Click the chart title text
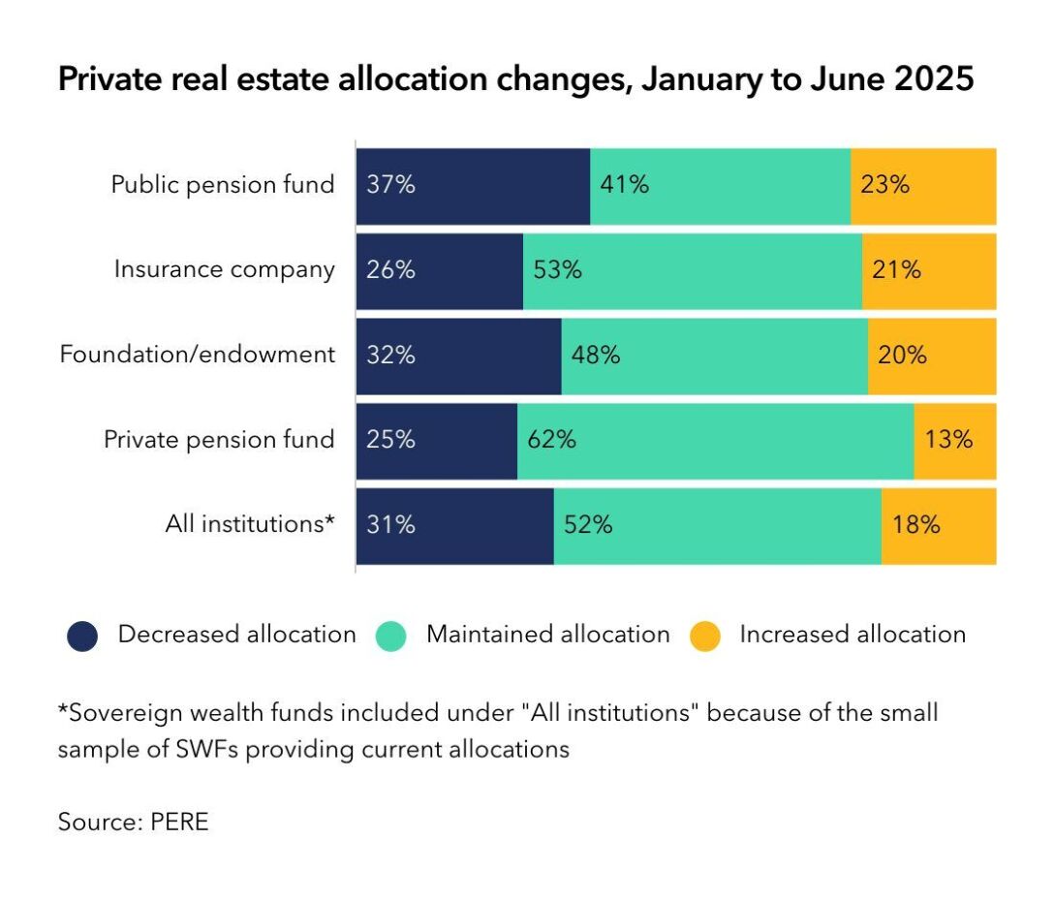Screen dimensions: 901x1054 (515, 78)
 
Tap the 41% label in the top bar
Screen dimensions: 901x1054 (624, 185)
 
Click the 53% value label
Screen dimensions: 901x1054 (557, 269)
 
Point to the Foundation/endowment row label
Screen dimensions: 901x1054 (198, 355)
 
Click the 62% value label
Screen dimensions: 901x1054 (551, 440)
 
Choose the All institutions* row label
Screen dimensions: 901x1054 (250, 524)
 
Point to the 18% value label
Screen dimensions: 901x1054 (915, 525)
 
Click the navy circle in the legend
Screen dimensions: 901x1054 (82, 637)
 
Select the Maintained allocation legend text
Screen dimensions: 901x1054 (547, 635)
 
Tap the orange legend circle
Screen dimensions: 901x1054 (705, 637)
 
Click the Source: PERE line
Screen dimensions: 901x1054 (134, 823)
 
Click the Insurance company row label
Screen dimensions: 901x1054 (224, 269)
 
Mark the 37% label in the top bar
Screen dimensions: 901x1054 (390, 185)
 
